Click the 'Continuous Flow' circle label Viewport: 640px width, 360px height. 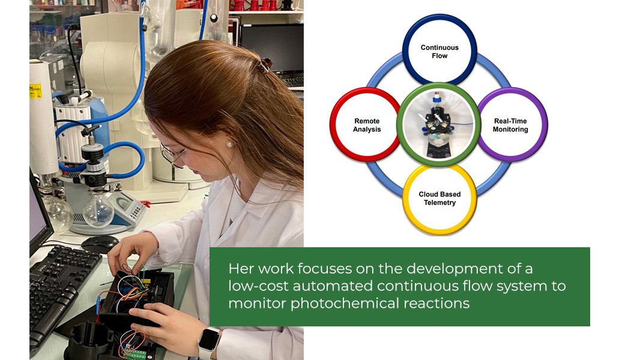[x=439, y=52]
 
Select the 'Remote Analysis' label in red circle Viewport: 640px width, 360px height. [x=367, y=125]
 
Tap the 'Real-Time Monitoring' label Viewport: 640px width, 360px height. [x=510, y=125]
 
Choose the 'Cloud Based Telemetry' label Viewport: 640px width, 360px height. [x=439, y=198]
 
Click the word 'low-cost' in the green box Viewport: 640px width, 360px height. [x=258, y=286]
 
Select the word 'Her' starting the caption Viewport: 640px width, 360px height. [x=241, y=269]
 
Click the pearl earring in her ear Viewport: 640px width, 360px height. [x=229, y=143]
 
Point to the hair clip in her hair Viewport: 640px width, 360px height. [x=265, y=64]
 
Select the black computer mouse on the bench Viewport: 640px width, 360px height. [x=100, y=244]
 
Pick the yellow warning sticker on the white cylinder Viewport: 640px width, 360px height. [x=35, y=91]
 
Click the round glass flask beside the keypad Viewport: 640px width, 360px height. [x=98, y=209]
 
